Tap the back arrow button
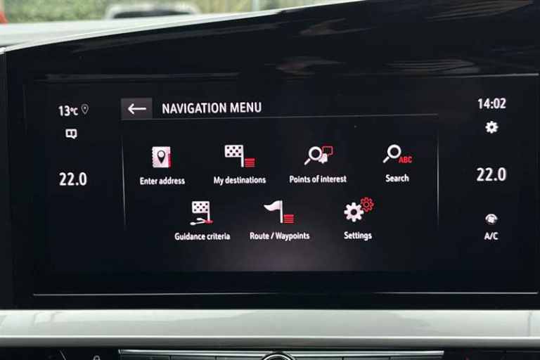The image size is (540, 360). pyautogui.click(x=136, y=109)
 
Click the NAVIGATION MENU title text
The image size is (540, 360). pyautogui.click(x=212, y=108)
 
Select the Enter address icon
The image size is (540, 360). pyautogui.click(x=162, y=157)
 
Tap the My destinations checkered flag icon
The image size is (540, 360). pyautogui.click(x=240, y=155)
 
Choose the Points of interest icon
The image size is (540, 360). pyautogui.click(x=319, y=155)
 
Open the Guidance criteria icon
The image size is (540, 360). pyautogui.click(x=202, y=212)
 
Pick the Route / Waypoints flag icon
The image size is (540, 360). pyautogui.click(x=279, y=212)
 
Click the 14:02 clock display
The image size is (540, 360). pyautogui.click(x=491, y=103)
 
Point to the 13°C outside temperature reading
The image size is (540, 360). pyautogui.click(x=68, y=111)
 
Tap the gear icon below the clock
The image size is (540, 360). pyautogui.click(x=491, y=127)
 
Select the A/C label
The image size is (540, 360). pyautogui.click(x=491, y=236)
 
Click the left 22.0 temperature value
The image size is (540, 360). pyautogui.click(x=73, y=179)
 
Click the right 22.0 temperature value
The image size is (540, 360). pyautogui.click(x=491, y=174)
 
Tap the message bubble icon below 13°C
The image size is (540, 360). pyautogui.click(x=71, y=134)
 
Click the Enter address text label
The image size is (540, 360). pyautogui.click(x=162, y=181)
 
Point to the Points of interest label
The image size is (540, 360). pyautogui.click(x=318, y=179)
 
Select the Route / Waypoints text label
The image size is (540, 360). pyautogui.click(x=280, y=236)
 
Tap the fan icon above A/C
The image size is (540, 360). pyautogui.click(x=491, y=219)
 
